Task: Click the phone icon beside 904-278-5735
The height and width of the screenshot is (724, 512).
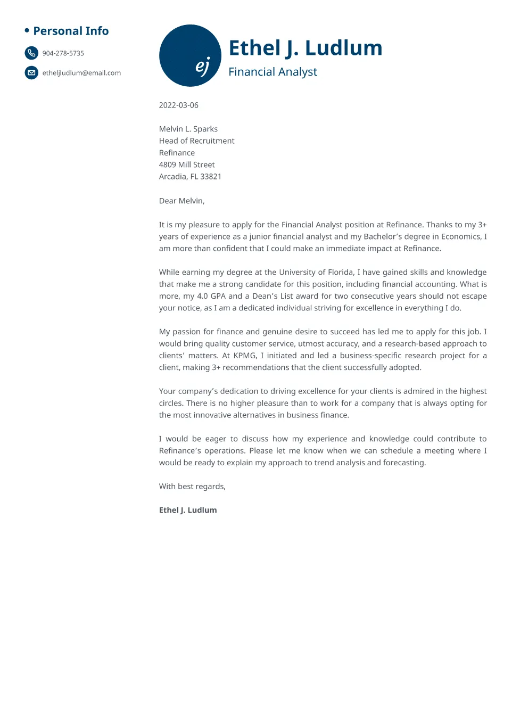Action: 31,53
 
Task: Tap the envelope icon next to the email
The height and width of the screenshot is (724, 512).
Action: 31,72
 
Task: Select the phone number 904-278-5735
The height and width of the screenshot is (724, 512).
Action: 63,53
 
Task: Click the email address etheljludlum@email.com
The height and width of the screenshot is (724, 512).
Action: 81,73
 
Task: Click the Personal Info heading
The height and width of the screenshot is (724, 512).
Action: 71,31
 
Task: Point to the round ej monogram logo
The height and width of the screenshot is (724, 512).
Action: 190,55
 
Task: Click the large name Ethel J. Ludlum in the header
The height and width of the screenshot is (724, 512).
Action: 305,48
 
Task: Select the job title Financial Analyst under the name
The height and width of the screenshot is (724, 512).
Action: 272,72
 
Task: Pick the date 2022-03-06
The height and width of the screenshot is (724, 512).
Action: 178,105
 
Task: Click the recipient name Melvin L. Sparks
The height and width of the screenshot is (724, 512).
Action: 188,129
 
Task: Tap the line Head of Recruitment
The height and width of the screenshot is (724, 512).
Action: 196,141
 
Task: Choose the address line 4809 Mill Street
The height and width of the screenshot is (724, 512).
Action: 187,164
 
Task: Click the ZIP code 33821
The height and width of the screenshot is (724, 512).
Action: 211,177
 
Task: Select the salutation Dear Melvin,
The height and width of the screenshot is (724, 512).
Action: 181,201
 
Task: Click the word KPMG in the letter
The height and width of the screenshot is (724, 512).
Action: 245,356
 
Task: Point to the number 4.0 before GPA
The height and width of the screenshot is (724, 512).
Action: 202,296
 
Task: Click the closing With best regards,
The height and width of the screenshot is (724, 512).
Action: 192,486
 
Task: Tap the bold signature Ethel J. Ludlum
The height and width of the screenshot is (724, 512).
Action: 188,510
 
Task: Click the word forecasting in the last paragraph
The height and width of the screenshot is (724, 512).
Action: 403,463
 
